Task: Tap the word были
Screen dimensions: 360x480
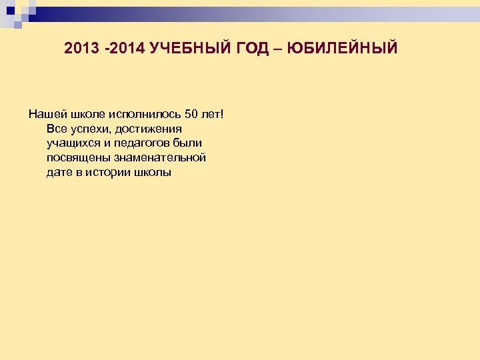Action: click(x=187, y=143)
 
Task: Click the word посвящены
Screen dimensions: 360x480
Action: click(x=77, y=158)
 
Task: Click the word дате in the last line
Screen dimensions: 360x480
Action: click(x=60, y=173)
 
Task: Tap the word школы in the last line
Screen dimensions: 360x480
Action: click(x=155, y=173)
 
